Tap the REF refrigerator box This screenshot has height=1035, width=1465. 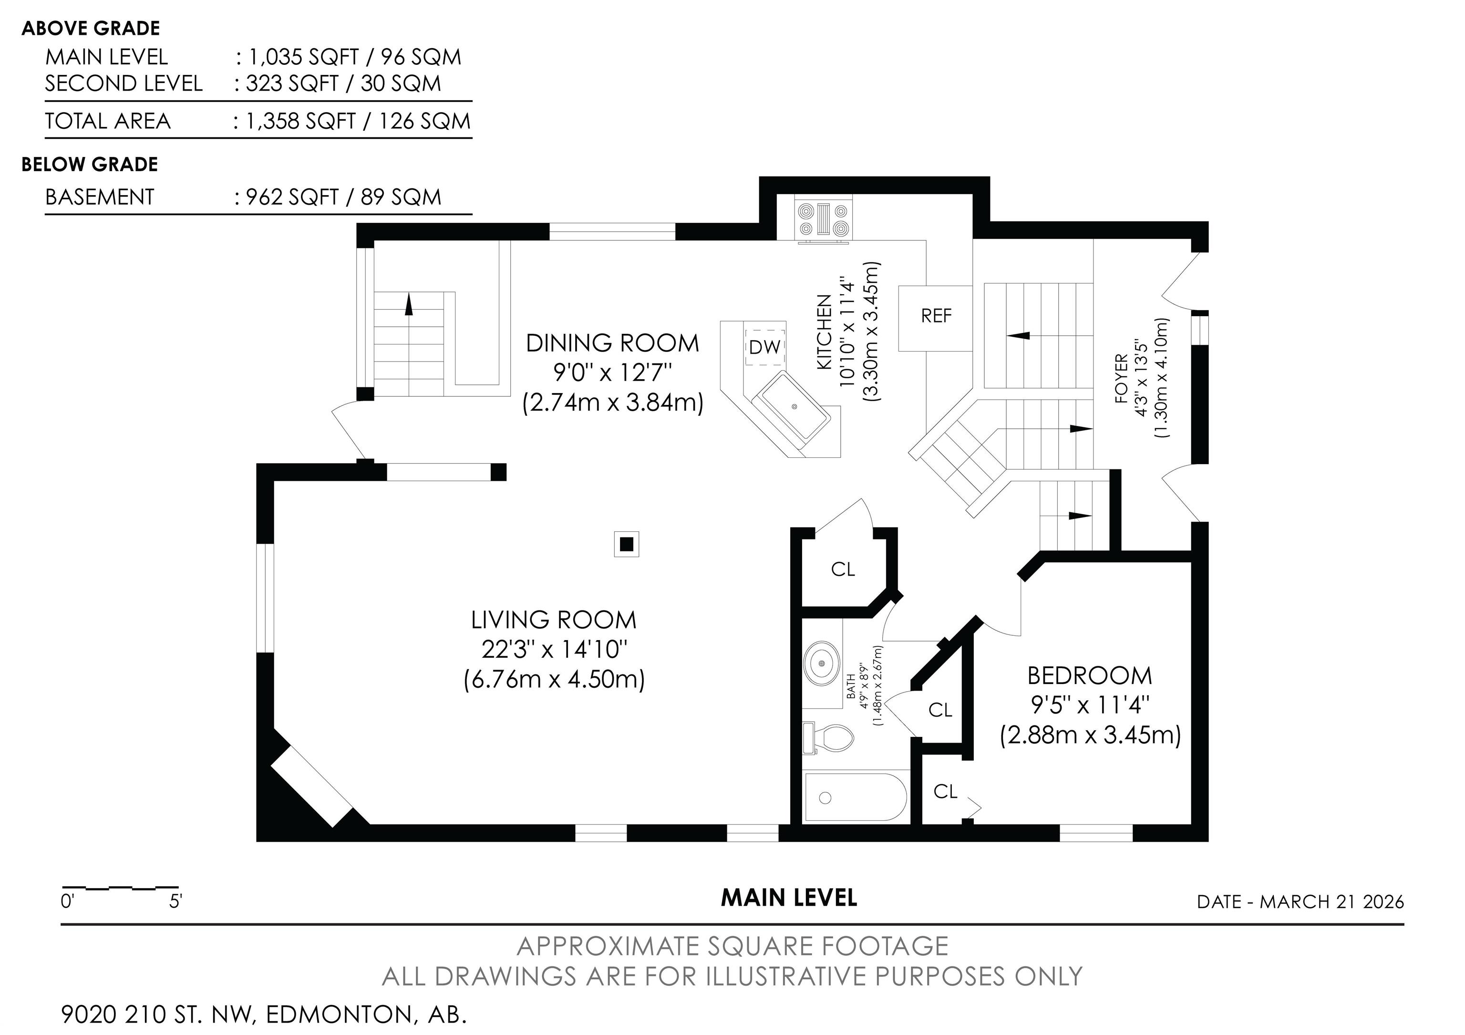click(935, 318)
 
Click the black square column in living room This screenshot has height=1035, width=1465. click(627, 544)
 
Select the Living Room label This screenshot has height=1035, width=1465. click(554, 620)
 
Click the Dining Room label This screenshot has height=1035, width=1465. click(612, 343)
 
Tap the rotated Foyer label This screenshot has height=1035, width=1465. click(1121, 378)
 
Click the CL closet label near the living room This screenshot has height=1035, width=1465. click(842, 569)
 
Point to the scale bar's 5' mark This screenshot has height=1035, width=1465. click(176, 901)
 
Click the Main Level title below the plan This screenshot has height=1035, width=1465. click(789, 898)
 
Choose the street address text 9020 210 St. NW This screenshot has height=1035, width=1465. click(158, 1014)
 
